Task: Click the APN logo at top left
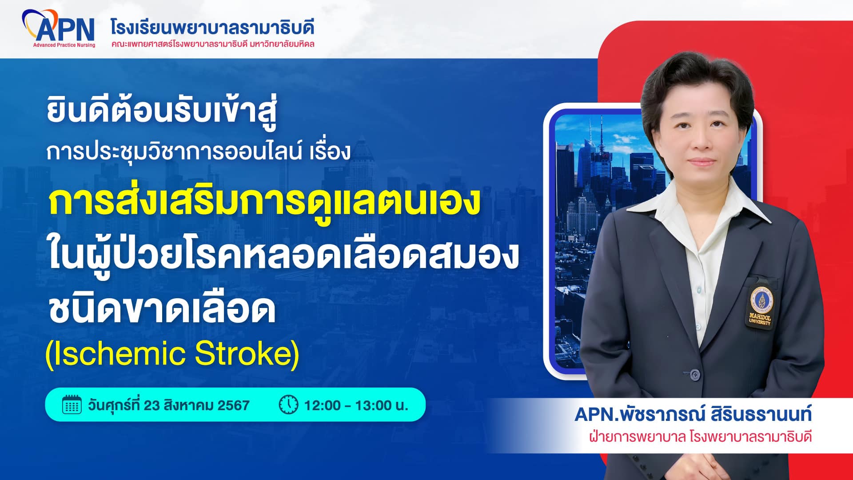(59, 28)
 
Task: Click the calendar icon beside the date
(72, 405)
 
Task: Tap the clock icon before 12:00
(288, 405)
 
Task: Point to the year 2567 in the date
(233, 405)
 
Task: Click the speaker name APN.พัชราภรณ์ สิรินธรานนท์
(693, 414)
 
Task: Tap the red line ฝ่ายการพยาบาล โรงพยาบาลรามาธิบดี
(700, 436)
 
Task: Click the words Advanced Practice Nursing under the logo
(64, 45)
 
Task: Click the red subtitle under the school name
(213, 44)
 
